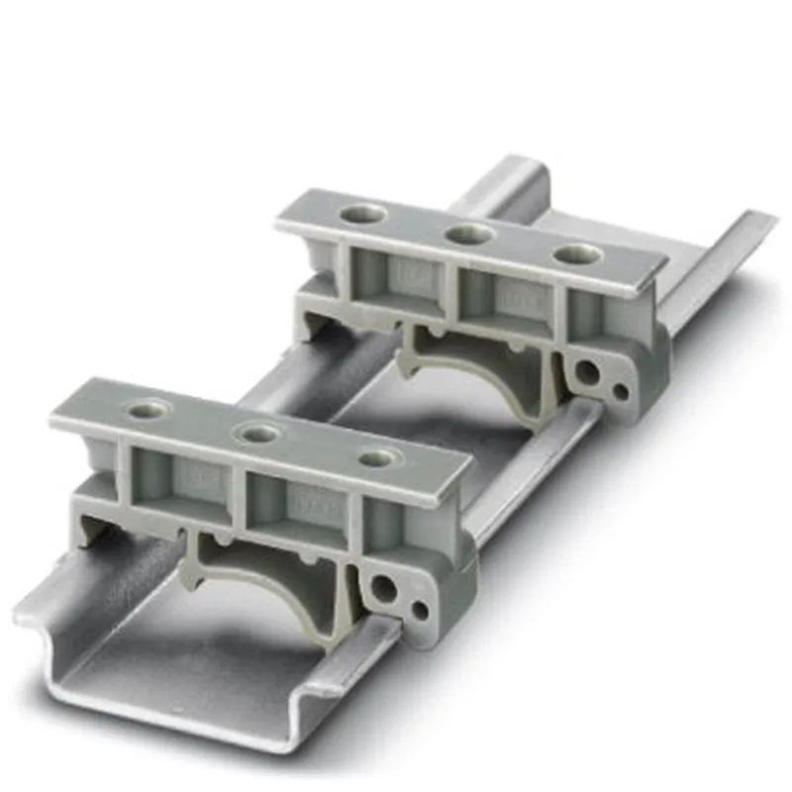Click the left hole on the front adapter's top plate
pyautogui.click(x=148, y=407)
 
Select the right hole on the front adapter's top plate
pyautogui.click(x=378, y=457)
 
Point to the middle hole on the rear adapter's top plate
pyautogui.click(x=467, y=234)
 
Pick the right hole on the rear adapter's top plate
pyautogui.click(x=577, y=253)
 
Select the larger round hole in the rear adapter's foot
pyautogui.click(x=588, y=373)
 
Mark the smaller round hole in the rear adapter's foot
pyautogui.click(x=620, y=390)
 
